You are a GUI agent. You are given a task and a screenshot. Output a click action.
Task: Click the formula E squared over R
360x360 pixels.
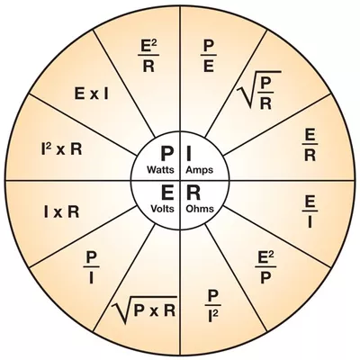pyautogui.click(x=148, y=56)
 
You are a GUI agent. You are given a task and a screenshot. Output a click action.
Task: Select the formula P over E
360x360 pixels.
pyautogui.click(x=209, y=56)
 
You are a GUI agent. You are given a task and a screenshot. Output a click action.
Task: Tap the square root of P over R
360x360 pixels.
pyautogui.click(x=258, y=90)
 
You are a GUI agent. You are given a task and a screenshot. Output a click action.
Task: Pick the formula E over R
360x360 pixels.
pyautogui.click(x=310, y=146)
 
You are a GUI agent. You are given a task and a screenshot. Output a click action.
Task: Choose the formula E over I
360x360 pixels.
pyautogui.click(x=310, y=212)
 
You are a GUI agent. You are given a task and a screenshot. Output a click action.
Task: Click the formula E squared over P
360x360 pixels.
pyautogui.click(x=265, y=267)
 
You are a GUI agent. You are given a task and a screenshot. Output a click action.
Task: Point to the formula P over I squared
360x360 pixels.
pyautogui.click(x=212, y=307)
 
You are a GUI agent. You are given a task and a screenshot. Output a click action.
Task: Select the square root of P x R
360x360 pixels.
pyautogui.click(x=144, y=310)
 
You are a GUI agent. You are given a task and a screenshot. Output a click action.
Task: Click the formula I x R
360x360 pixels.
pyautogui.click(x=61, y=212)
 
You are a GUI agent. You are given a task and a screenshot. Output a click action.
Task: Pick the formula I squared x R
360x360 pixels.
pyautogui.click(x=61, y=149)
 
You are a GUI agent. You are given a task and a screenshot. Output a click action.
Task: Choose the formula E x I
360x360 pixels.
pyautogui.click(x=92, y=94)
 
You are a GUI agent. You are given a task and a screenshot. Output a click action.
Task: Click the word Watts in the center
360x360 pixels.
pyautogui.click(x=160, y=170)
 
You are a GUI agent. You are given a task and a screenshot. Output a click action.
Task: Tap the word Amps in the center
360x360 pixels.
pyautogui.click(x=200, y=170)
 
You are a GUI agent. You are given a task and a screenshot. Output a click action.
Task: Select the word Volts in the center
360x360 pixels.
pyautogui.click(x=162, y=209)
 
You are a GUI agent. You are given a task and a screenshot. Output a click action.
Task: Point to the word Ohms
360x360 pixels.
pyautogui.click(x=200, y=209)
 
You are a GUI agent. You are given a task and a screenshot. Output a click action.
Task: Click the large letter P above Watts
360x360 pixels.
pyautogui.click(x=166, y=154)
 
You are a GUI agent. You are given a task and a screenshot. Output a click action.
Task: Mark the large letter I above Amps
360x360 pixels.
pyautogui.click(x=189, y=154)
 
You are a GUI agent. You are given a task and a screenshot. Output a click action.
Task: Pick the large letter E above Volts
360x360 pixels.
pyautogui.click(x=167, y=193)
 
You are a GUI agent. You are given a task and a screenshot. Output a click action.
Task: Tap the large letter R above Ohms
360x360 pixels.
pyautogui.click(x=193, y=193)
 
